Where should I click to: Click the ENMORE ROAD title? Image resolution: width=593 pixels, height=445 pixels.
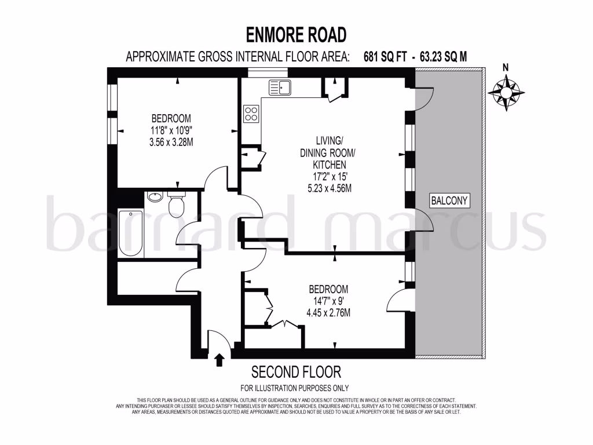[x=296, y=35]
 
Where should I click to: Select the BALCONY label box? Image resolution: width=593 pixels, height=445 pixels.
[x=449, y=200]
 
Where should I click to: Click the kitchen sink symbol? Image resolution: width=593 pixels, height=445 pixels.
[x=280, y=87]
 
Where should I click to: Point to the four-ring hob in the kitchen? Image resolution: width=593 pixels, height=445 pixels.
[x=251, y=113]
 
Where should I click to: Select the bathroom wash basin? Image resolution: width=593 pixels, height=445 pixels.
[x=155, y=198]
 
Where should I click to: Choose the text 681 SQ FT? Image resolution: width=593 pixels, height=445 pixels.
[x=387, y=56]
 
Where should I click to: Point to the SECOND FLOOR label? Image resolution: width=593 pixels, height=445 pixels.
[x=296, y=371]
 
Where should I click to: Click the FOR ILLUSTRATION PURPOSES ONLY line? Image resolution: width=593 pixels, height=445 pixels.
[x=296, y=388]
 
